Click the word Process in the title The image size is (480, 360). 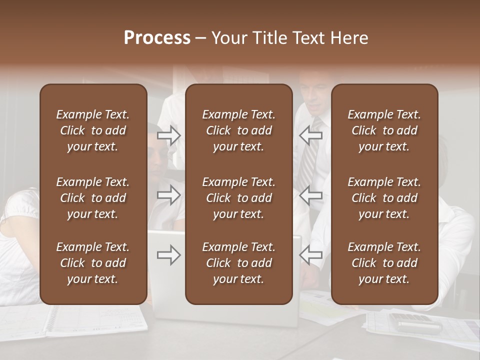point(157,38)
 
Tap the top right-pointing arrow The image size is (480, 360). point(169,135)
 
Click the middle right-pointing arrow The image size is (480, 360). point(169,195)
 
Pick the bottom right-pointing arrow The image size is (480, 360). point(169,255)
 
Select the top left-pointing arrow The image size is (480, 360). point(310,135)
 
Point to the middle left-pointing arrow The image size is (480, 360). point(310,195)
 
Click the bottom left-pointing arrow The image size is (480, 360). point(310,255)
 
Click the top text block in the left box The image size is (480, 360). point(93,130)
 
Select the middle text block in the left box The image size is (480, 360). point(93,198)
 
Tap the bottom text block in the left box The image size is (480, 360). point(93,263)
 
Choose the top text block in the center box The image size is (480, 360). point(238,130)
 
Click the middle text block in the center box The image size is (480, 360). point(238,198)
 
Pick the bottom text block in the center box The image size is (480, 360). point(238,263)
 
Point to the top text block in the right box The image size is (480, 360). point(384,130)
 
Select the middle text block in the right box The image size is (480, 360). point(384,198)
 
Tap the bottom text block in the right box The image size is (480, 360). point(384,263)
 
